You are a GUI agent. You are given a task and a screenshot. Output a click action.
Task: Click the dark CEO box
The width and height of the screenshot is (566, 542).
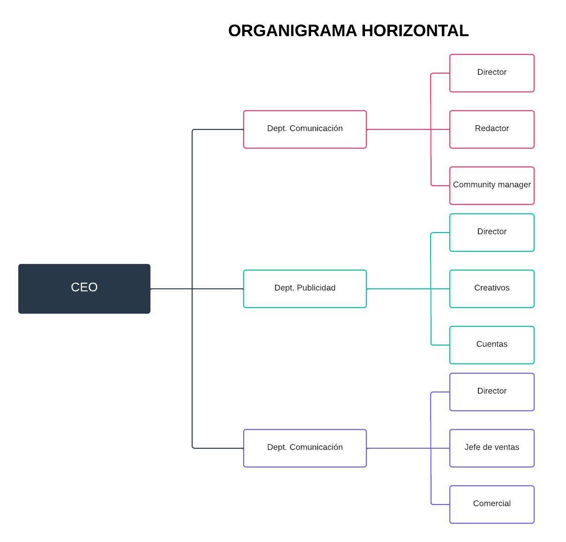pyautogui.click(x=84, y=288)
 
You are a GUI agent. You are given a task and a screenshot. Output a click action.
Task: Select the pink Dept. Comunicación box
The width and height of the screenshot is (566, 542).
pyautogui.click(x=305, y=129)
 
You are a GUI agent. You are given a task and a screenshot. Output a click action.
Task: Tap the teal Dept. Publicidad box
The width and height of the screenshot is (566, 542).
pyautogui.click(x=305, y=288)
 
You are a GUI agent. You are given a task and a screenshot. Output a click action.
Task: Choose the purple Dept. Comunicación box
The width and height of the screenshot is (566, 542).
pyautogui.click(x=305, y=448)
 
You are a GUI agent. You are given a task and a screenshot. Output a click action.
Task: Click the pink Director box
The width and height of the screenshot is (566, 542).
pyautogui.click(x=492, y=73)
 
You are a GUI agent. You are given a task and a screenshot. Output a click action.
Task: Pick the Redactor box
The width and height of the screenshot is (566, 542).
pyautogui.click(x=492, y=129)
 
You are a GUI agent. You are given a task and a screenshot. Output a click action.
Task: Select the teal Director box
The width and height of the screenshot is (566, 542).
pyautogui.click(x=492, y=232)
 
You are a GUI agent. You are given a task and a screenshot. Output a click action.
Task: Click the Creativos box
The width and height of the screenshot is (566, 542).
pyautogui.click(x=492, y=288)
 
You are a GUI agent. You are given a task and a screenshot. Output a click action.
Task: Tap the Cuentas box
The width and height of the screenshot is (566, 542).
pyautogui.click(x=492, y=345)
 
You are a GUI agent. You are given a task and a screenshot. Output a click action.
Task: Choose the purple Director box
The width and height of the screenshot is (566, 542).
pyautogui.click(x=492, y=391)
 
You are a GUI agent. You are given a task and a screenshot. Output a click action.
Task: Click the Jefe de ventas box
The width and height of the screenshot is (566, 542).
pyautogui.click(x=492, y=448)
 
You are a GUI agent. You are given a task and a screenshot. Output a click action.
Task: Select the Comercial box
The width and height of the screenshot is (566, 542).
pyautogui.click(x=492, y=504)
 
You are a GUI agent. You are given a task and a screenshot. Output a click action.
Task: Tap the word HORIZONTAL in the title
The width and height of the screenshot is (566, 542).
pyautogui.click(x=415, y=31)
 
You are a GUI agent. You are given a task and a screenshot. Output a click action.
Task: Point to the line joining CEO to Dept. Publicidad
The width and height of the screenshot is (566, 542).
pyautogui.click(x=216, y=289)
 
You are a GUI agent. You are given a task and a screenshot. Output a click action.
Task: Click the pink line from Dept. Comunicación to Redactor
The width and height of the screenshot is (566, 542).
pyautogui.click(x=398, y=129)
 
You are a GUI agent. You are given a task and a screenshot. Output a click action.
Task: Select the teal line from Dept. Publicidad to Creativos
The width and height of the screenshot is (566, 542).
pyautogui.click(x=398, y=289)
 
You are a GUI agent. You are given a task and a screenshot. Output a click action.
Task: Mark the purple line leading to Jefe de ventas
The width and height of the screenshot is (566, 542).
pyautogui.click(x=398, y=448)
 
